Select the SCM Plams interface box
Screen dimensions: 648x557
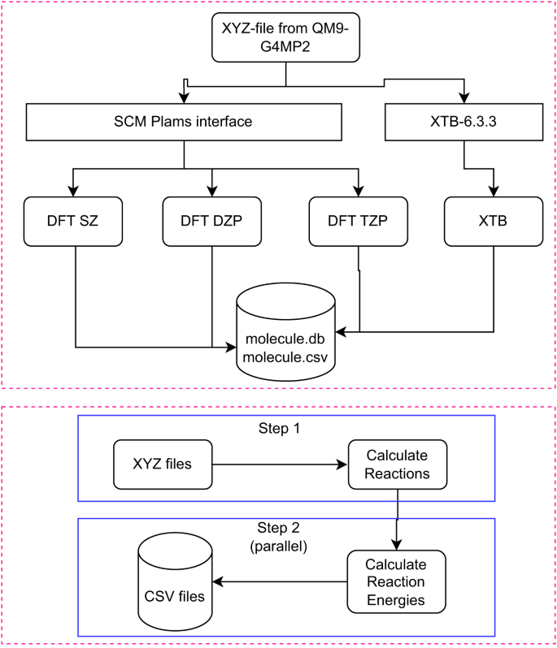(x=182, y=123)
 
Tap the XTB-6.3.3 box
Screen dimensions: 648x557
(x=463, y=123)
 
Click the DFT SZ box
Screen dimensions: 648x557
(x=74, y=220)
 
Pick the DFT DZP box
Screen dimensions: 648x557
(x=211, y=220)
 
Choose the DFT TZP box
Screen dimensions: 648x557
(x=358, y=220)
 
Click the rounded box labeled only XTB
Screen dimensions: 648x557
(x=494, y=220)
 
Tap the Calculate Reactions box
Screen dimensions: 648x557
(x=396, y=465)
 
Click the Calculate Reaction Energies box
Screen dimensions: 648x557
(x=396, y=581)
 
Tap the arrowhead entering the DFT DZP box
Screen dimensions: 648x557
(x=211, y=190)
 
